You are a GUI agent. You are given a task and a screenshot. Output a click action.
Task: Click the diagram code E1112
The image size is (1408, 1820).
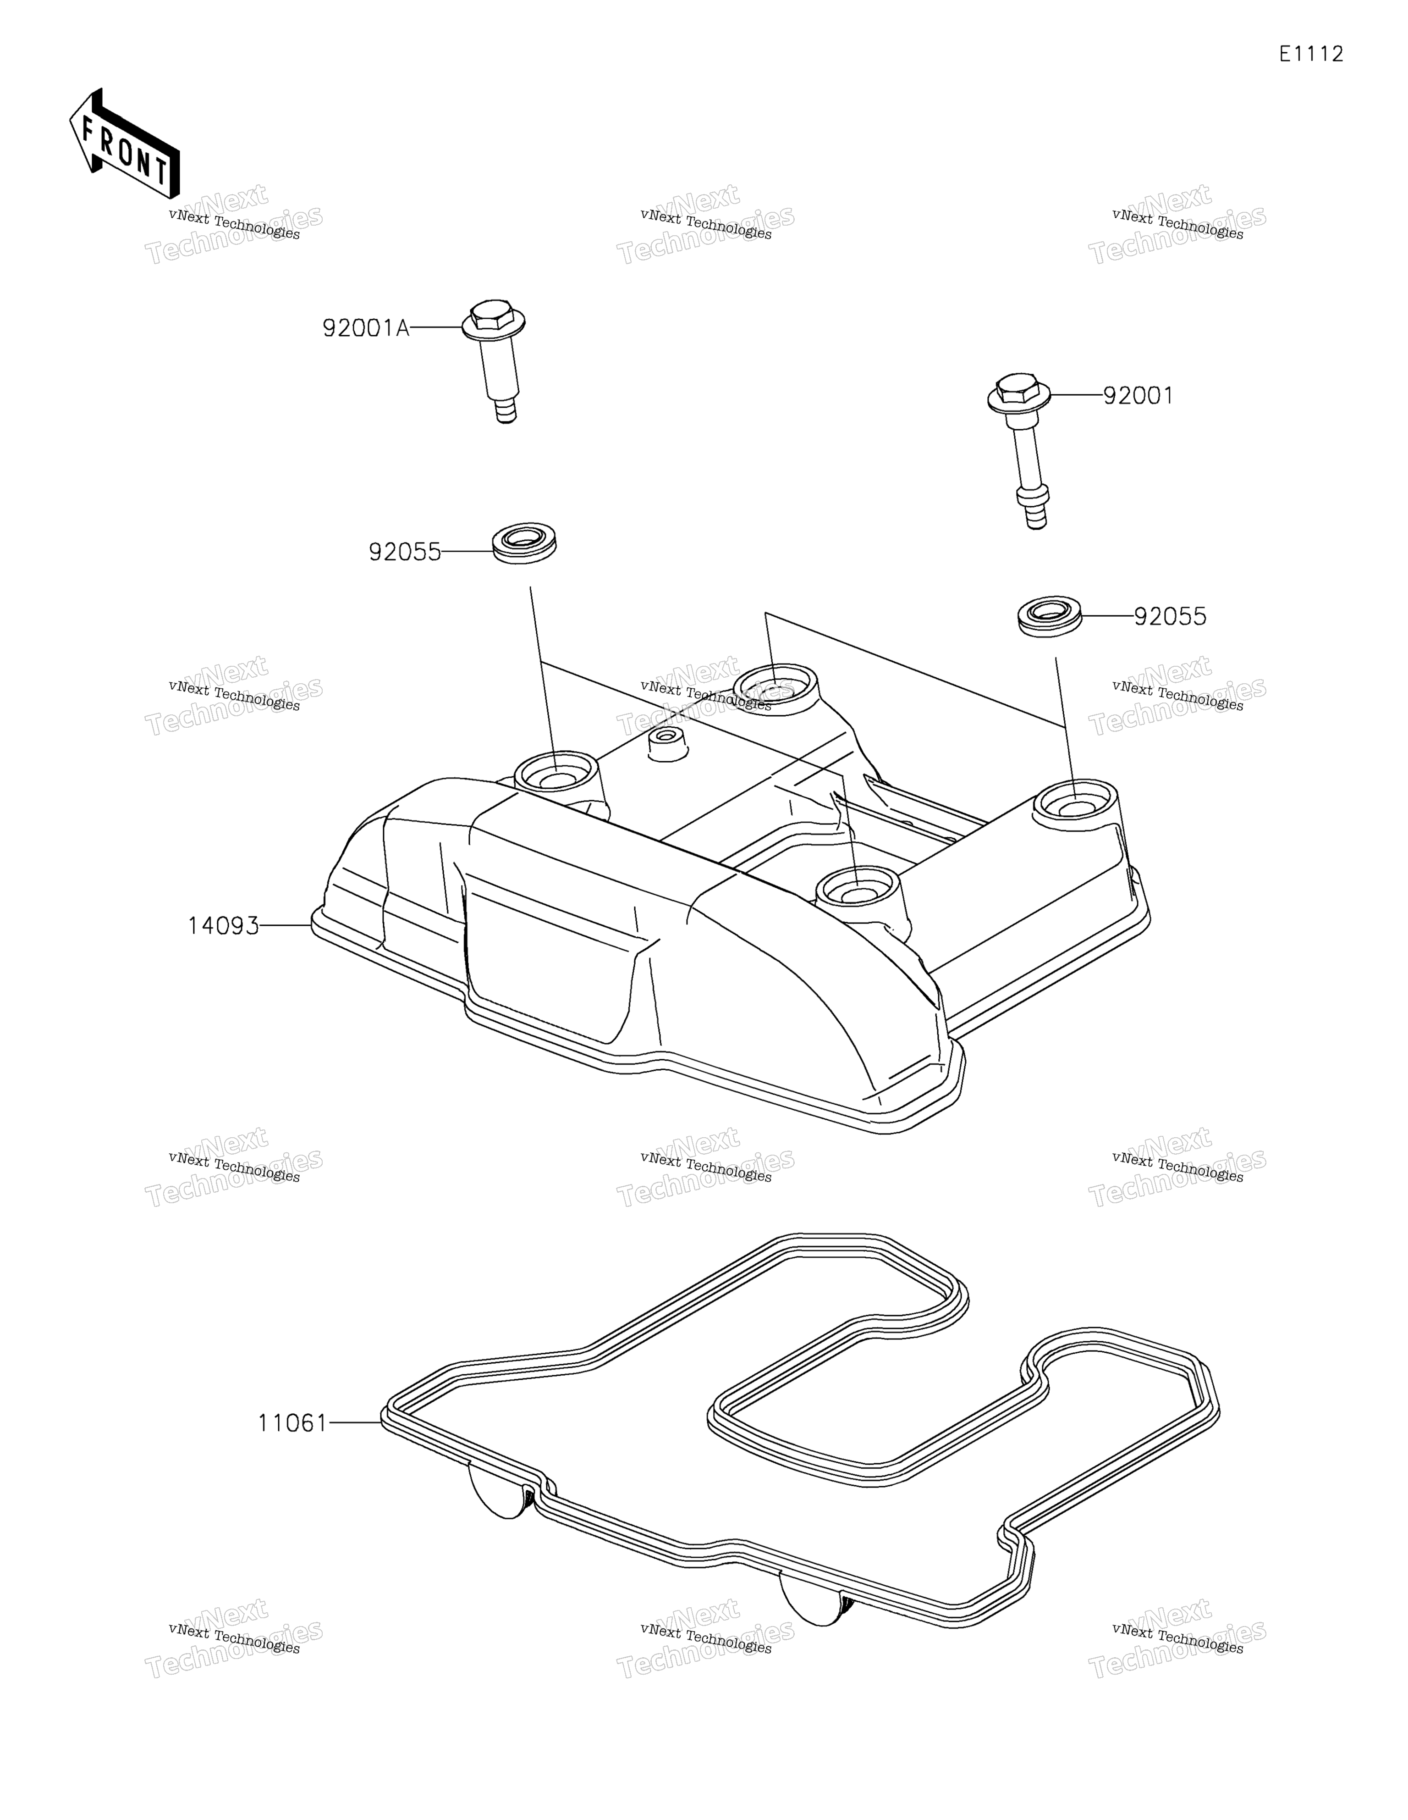[1311, 54]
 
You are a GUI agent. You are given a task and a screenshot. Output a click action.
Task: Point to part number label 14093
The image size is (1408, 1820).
[223, 926]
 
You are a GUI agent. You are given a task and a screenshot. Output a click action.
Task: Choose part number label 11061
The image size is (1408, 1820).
[293, 1423]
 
